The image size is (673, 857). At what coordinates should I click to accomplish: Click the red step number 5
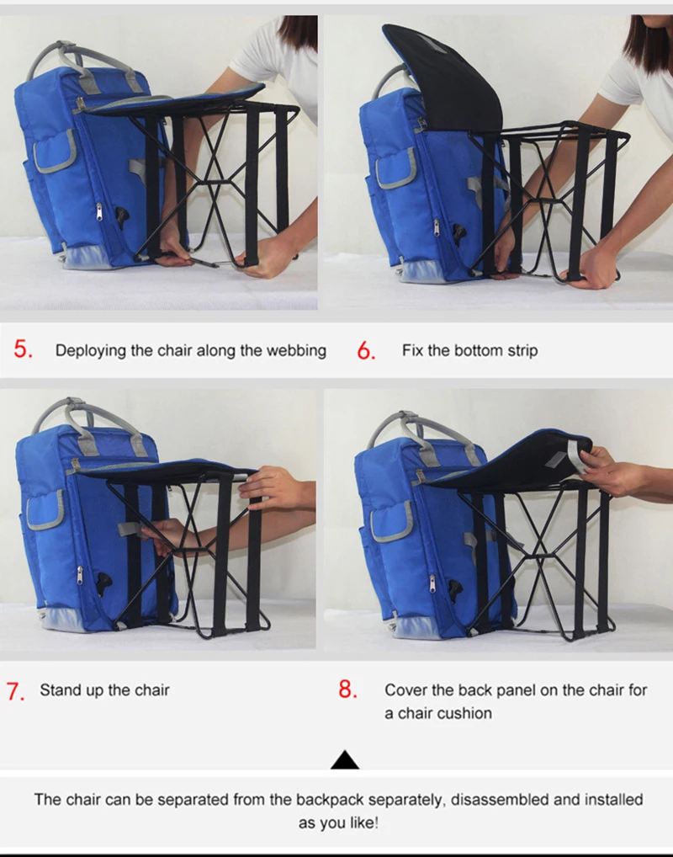23,349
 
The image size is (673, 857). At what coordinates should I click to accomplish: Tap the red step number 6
366,350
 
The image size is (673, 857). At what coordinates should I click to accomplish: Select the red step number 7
15,691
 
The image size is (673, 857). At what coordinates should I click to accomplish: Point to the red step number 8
348,689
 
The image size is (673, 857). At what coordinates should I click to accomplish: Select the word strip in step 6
522,350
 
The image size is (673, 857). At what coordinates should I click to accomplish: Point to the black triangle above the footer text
345,759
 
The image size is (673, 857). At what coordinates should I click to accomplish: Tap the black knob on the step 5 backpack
123,215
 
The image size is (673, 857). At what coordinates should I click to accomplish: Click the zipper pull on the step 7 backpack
80,574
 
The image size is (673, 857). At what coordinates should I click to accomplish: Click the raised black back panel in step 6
445,77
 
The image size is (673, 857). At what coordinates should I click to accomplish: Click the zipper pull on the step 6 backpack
436,227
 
